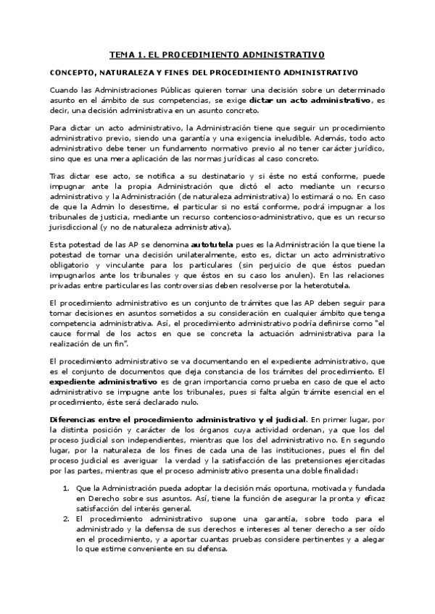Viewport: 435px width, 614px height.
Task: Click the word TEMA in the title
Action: coord(122,54)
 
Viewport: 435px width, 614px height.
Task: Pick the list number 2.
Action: coord(66,519)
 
